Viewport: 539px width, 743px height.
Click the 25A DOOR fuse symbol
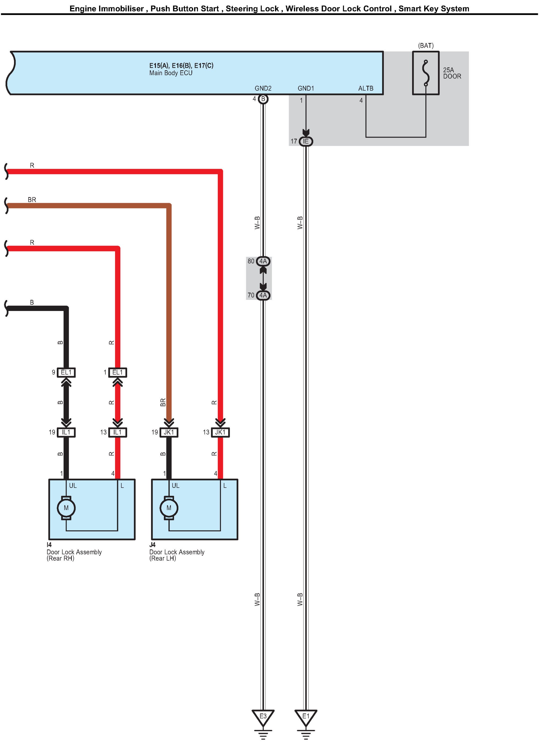coord(426,73)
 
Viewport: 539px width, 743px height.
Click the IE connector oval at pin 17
coord(306,141)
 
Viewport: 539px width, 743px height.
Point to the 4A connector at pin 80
coord(263,261)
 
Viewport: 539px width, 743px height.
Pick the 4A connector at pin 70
coord(263,295)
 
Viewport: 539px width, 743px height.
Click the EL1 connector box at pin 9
coord(66,373)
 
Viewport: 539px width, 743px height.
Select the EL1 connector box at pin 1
coord(118,373)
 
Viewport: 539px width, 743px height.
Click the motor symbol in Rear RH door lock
coord(66,508)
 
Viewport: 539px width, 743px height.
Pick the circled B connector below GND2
coord(263,99)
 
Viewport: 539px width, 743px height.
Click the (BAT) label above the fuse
coord(426,46)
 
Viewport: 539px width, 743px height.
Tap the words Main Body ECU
coord(171,73)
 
